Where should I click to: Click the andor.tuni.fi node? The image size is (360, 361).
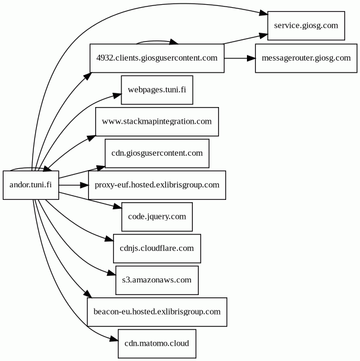tap(31, 185)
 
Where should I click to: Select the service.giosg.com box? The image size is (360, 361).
tap(306, 26)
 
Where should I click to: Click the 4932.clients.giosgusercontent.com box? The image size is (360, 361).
tap(156, 58)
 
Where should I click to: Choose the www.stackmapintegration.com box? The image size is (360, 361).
tap(157, 121)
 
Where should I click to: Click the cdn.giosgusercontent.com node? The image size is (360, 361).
tap(157, 153)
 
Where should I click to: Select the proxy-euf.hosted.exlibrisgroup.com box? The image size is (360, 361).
tap(157, 185)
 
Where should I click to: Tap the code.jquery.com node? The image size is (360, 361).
tap(157, 216)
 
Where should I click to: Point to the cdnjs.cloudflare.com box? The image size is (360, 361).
tap(157, 248)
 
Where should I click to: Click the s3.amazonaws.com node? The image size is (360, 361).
tap(157, 280)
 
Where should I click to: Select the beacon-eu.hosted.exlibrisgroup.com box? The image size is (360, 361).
tap(157, 312)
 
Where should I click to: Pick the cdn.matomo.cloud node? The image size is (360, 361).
tap(157, 343)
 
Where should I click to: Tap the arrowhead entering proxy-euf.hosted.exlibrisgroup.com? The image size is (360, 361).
tap(84, 185)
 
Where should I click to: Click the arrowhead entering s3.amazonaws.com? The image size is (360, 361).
tap(111, 274)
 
